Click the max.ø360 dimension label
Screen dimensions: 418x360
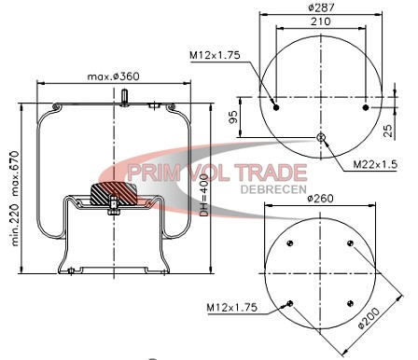(113, 76)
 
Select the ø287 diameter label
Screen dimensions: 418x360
(321, 7)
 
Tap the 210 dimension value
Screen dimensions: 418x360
(321, 21)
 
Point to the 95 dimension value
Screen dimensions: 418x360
(233, 117)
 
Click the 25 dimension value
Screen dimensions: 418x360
(388, 131)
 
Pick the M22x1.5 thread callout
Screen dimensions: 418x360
(375, 164)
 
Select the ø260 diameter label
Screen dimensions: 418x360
(320, 198)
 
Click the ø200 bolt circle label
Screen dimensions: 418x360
(369, 318)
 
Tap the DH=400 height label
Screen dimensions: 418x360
(203, 195)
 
